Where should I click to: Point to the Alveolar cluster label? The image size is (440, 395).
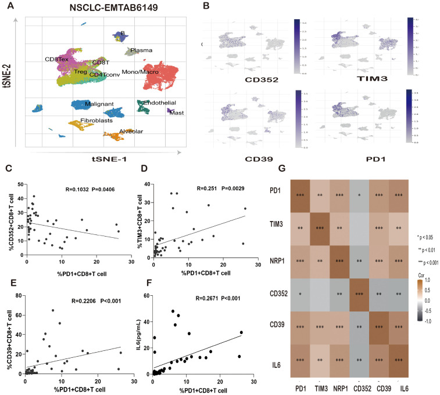[131, 131]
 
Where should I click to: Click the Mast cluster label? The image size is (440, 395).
[177, 113]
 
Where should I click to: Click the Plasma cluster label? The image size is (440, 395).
[141, 50]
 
